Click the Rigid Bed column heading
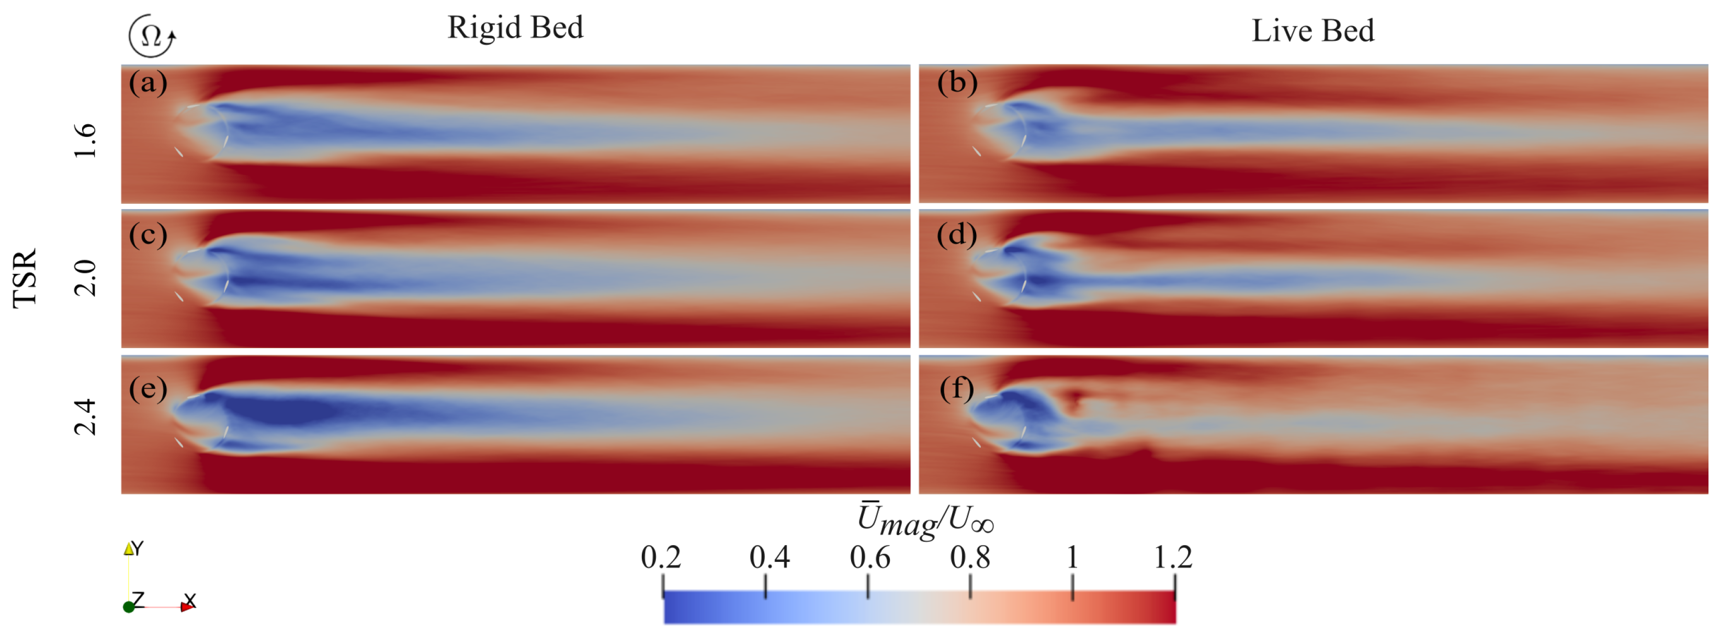coord(515,28)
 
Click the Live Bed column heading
coord(1312,31)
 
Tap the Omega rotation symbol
coord(152,36)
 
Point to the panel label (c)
coord(148,235)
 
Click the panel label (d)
coord(957,235)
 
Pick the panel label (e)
coord(148,388)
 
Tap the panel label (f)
coord(957,388)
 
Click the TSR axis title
coord(26,279)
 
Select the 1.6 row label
coord(85,141)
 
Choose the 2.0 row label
coord(85,279)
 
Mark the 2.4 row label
coord(85,417)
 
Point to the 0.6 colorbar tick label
coord(869,557)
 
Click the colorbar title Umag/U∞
coord(925,520)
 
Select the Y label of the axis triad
coord(138,549)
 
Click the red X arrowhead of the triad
coord(187,607)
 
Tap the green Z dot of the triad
coord(128,607)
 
